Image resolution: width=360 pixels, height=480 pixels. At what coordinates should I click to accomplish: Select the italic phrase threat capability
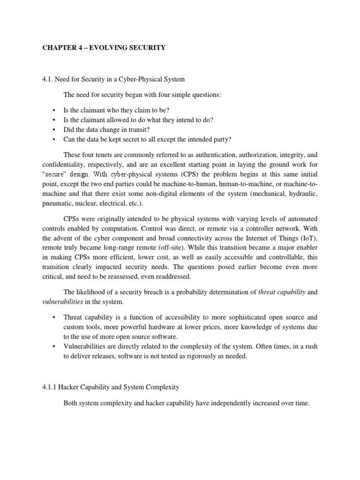tap(282, 292)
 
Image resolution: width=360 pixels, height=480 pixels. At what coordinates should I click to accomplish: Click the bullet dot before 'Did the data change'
tap(54, 130)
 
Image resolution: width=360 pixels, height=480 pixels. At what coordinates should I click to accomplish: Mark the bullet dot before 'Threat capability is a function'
tap(54, 317)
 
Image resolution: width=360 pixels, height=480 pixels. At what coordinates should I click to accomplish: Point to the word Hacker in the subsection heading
tap(75, 387)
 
